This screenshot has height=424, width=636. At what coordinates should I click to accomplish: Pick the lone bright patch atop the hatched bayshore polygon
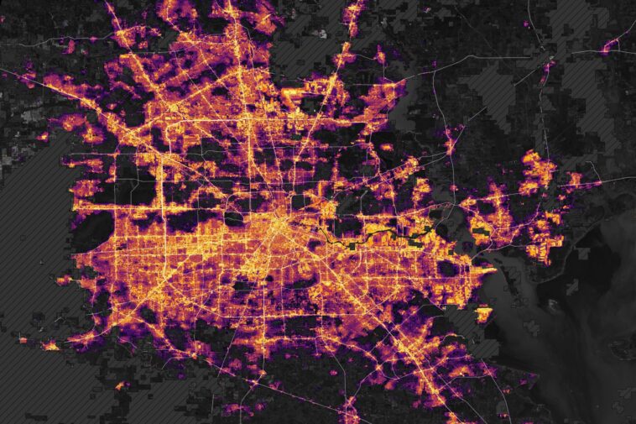click(x=484, y=315)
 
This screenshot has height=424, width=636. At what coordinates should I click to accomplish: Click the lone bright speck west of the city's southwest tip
click(x=51, y=345)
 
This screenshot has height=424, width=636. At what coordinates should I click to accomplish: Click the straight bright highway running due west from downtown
click(x=168, y=206)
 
